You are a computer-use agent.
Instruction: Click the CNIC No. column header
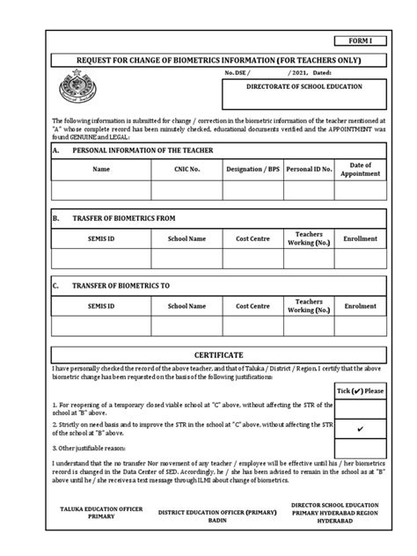click(187, 168)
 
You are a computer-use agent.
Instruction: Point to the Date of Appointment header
click(361, 168)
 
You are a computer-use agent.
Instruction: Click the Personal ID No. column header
click(308, 168)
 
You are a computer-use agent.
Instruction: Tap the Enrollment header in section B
click(361, 238)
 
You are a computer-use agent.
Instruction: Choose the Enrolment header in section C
click(361, 306)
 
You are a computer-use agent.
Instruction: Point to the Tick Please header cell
click(361, 390)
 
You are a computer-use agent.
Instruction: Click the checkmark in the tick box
click(361, 428)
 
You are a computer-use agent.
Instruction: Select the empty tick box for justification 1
click(361, 408)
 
